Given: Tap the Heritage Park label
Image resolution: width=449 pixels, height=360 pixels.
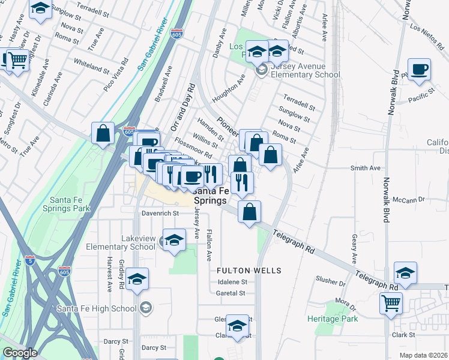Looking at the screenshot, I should point(333,318).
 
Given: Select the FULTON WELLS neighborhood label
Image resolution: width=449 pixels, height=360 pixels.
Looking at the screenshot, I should point(249,271).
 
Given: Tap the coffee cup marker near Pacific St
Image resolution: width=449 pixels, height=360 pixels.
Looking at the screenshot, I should point(419,69).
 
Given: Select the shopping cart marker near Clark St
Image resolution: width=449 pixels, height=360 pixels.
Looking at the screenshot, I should point(391,303).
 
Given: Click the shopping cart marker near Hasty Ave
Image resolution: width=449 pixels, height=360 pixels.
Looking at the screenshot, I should point(18,59).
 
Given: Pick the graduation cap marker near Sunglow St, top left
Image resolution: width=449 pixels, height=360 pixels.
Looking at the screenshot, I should point(40,8).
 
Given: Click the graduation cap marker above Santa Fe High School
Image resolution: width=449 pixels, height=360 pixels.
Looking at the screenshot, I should point(137,279).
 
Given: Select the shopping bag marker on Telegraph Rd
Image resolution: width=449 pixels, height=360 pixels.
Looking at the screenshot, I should point(249,211).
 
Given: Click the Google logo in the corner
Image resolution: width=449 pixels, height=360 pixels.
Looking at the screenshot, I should point(20,353).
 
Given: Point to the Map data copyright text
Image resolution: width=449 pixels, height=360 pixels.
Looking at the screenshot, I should point(423,355).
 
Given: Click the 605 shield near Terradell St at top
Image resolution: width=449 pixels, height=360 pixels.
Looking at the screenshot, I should point(176,34).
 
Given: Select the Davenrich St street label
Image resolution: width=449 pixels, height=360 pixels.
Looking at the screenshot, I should point(160,213).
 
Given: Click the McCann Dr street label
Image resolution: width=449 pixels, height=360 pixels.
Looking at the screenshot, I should point(408,199).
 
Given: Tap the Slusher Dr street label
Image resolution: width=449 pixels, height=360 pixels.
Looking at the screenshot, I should point(330,282).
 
